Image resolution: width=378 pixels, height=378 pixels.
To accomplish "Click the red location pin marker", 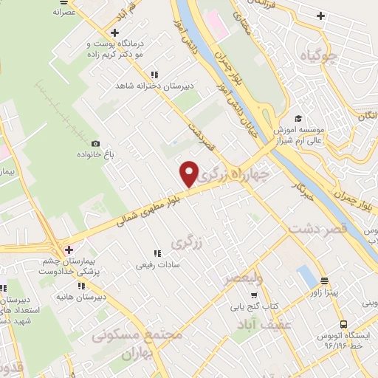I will [190, 173].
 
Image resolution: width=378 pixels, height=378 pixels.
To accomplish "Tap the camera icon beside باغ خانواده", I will [95, 143].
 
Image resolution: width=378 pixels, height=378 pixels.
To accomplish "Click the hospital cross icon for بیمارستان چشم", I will [69, 250].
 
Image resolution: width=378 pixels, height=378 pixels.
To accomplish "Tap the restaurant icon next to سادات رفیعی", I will [156, 253].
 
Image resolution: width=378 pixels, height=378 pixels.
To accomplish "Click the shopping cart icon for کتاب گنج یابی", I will [254, 295].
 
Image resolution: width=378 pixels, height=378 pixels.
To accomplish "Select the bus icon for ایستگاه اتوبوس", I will [343, 323].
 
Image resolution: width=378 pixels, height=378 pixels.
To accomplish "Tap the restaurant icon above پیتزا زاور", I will [324, 281].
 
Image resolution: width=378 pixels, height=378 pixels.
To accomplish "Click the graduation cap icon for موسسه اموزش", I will [298, 118].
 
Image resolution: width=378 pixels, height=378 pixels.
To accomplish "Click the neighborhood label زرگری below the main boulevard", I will [185, 242].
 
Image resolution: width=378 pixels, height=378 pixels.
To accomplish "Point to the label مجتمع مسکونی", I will [137, 336].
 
